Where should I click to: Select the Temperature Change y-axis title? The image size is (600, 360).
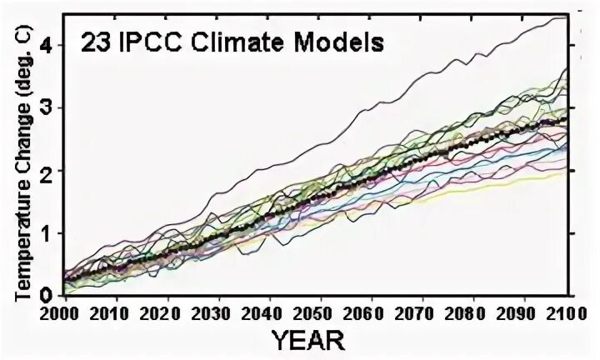pyautogui.click(x=23, y=163)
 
